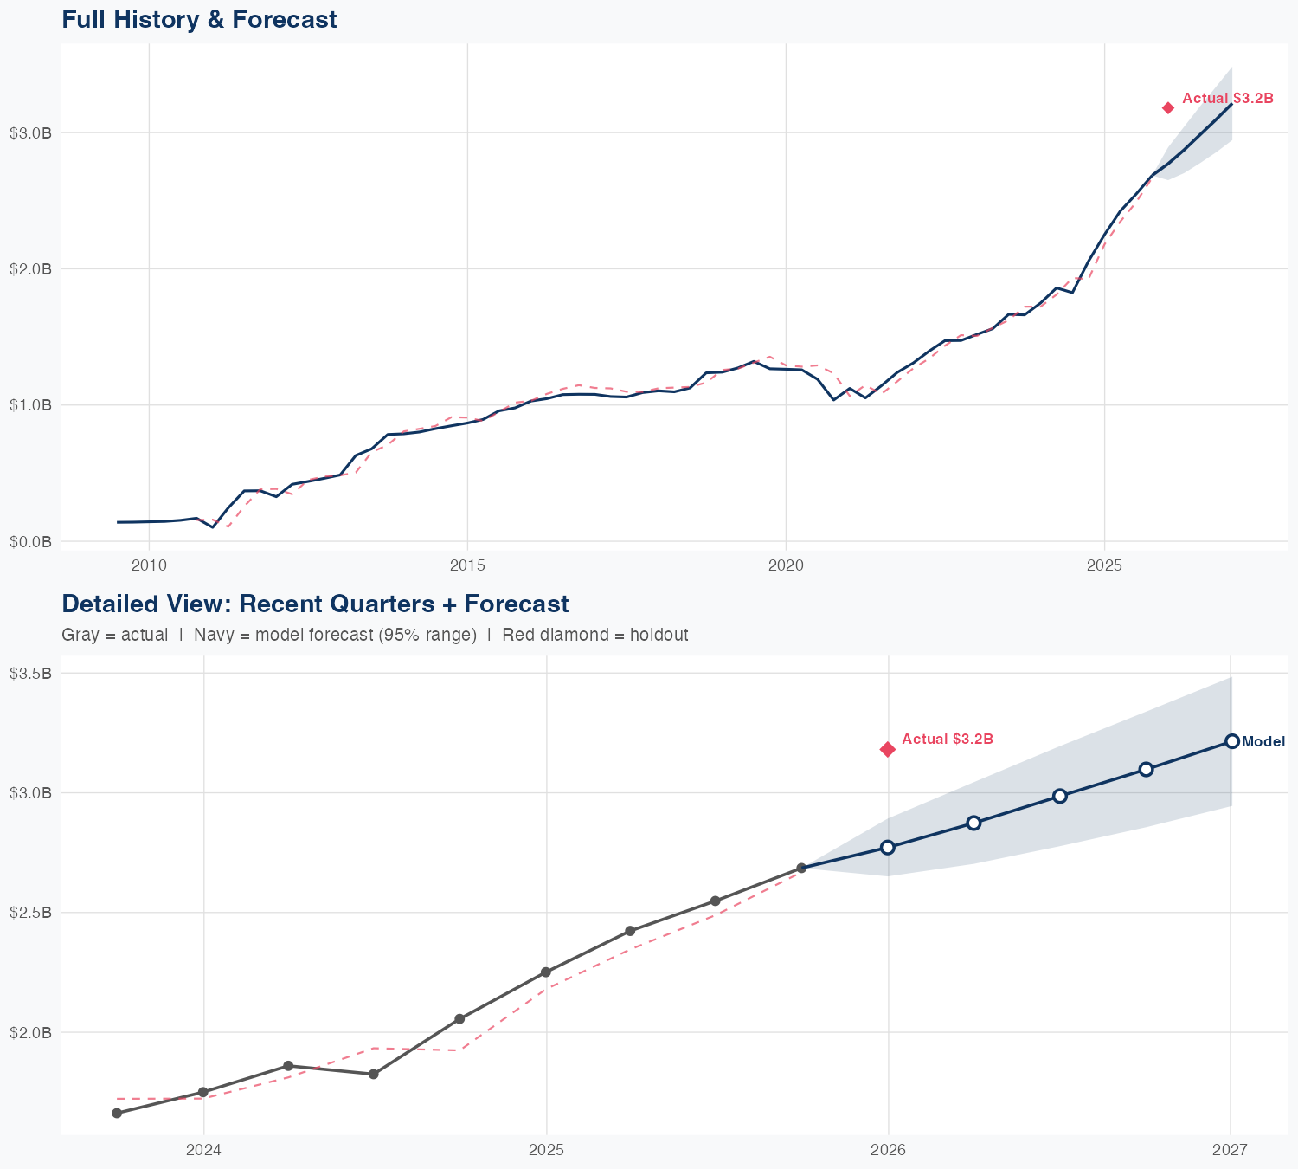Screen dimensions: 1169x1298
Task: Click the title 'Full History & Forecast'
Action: pos(199,19)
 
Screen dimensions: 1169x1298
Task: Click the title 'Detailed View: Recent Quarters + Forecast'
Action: pos(315,604)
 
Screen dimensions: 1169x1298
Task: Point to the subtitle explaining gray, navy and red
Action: pos(375,635)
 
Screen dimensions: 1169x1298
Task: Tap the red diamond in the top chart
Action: pos(1168,107)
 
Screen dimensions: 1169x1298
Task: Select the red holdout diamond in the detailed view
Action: pos(888,749)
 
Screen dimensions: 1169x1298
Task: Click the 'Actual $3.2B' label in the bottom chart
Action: pos(947,739)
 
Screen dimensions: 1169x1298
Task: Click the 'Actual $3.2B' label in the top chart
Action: pos(1227,98)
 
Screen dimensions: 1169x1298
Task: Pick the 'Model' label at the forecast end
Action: pos(1263,741)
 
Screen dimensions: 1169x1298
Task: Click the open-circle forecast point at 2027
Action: pos(1231,741)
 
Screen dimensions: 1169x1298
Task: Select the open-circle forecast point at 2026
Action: pos(888,847)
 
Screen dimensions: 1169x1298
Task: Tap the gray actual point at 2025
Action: pos(546,972)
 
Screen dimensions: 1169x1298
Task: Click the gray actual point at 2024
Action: pos(203,1092)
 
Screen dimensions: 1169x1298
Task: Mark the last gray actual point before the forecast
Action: pos(801,868)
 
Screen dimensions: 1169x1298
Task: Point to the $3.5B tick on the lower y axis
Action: pos(30,673)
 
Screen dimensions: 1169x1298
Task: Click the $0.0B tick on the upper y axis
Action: pos(30,541)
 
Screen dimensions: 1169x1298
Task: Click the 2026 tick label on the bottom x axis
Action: pos(888,1150)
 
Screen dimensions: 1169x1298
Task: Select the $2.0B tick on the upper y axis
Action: pos(30,268)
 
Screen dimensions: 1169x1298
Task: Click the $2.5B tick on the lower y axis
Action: pos(30,913)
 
